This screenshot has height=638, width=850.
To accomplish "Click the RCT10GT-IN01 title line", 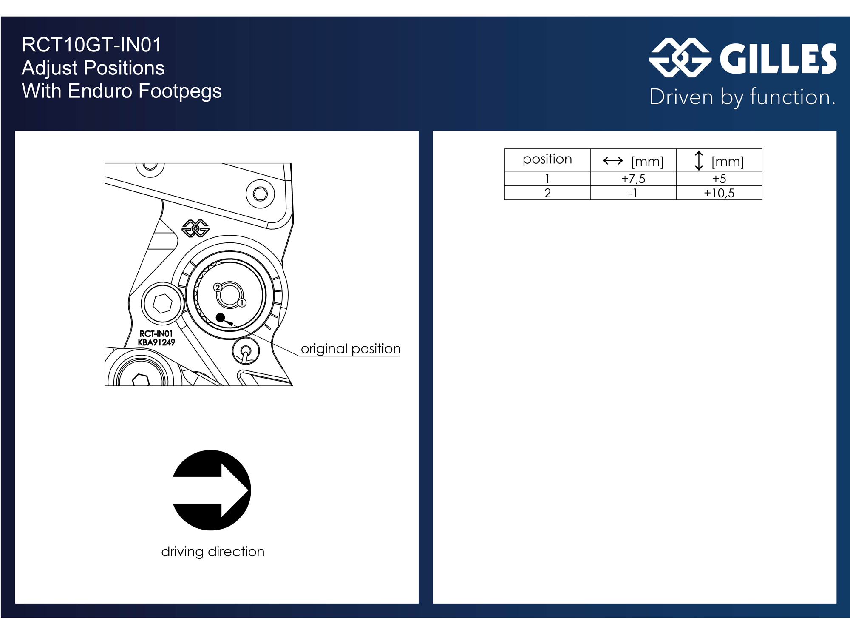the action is [x=92, y=45].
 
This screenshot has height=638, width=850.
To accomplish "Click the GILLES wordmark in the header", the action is [x=778, y=59].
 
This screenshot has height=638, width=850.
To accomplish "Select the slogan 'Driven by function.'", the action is [x=742, y=97].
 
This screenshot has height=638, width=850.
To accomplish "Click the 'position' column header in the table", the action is [x=547, y=159].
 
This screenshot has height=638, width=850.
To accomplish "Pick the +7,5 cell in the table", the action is [x=633, y=179].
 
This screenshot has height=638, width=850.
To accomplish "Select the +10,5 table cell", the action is [x=719, y=193].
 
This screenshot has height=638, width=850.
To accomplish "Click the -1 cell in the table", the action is [x=633, y=193].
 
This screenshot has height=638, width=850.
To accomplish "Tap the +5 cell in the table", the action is [x=719, y=179].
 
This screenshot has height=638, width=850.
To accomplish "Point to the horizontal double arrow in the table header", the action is [x=613, y=161].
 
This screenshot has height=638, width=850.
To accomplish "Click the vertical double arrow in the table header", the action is [x=699, y=161].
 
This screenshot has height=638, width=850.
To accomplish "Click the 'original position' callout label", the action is [x=351, y=349].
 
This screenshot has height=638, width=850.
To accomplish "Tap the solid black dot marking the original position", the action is [x=220, y=317].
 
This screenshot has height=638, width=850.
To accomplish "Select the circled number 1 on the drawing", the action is [x=242, y=303].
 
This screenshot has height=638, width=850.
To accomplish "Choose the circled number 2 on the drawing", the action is [x=218, y=288].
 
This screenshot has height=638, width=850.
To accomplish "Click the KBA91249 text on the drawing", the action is [x=156, y=342].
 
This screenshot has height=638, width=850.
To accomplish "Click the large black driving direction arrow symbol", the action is [x=211, y=490].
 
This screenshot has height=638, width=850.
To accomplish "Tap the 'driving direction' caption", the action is [x=213, y=552].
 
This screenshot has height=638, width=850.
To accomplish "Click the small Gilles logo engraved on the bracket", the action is [x=195, y=228].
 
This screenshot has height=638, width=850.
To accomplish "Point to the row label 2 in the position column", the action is [x=547, y=193].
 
